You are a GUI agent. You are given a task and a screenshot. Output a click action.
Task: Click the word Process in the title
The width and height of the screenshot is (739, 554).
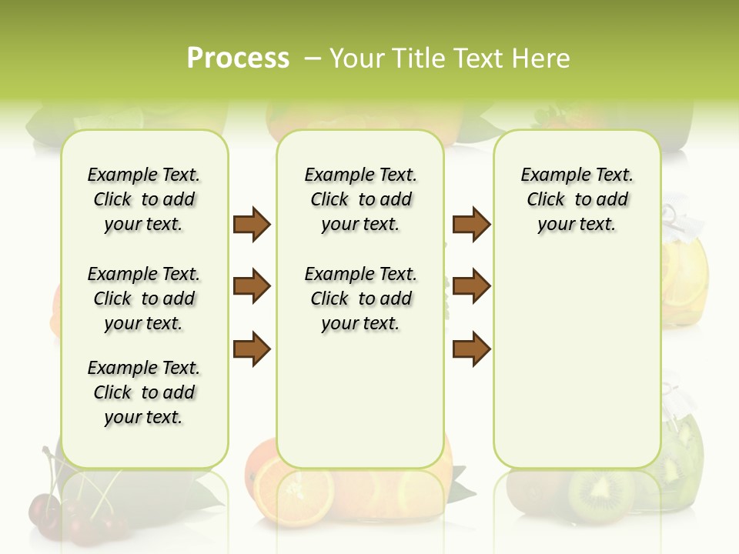pyautogui.click(x=238, y=58)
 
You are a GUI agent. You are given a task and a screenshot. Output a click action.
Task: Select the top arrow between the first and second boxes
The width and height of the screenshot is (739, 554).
pyautogui.click(x=252, y=225)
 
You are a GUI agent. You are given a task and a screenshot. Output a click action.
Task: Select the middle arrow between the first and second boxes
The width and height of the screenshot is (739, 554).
pyautogui.click(x=252, y=286)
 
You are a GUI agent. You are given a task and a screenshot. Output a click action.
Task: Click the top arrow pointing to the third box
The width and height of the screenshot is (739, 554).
pyautogui.click(x=471, y=225)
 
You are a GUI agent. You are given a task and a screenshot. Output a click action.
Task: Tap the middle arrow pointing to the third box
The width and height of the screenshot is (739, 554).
pyautogui.click(x=471, y=286)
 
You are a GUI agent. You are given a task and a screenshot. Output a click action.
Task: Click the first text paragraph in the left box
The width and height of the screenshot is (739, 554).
pyautogui.click(x=144, y=199)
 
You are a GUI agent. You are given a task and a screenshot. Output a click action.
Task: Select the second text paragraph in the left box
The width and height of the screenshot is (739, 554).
pyautogui.click(x=144, y=299)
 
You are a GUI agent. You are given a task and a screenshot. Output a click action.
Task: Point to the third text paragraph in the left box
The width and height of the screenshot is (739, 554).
pyautogui.click(x=144, y=392)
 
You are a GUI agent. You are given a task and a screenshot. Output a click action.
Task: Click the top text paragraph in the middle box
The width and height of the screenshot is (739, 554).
pyautogui.click(x=360, y=199)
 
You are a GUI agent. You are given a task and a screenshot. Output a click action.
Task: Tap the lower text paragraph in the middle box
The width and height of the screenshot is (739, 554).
pyautogui.click(x=360, y=299)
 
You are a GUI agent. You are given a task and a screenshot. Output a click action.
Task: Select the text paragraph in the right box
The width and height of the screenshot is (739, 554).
pyautogui.click(x=577, y=199)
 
